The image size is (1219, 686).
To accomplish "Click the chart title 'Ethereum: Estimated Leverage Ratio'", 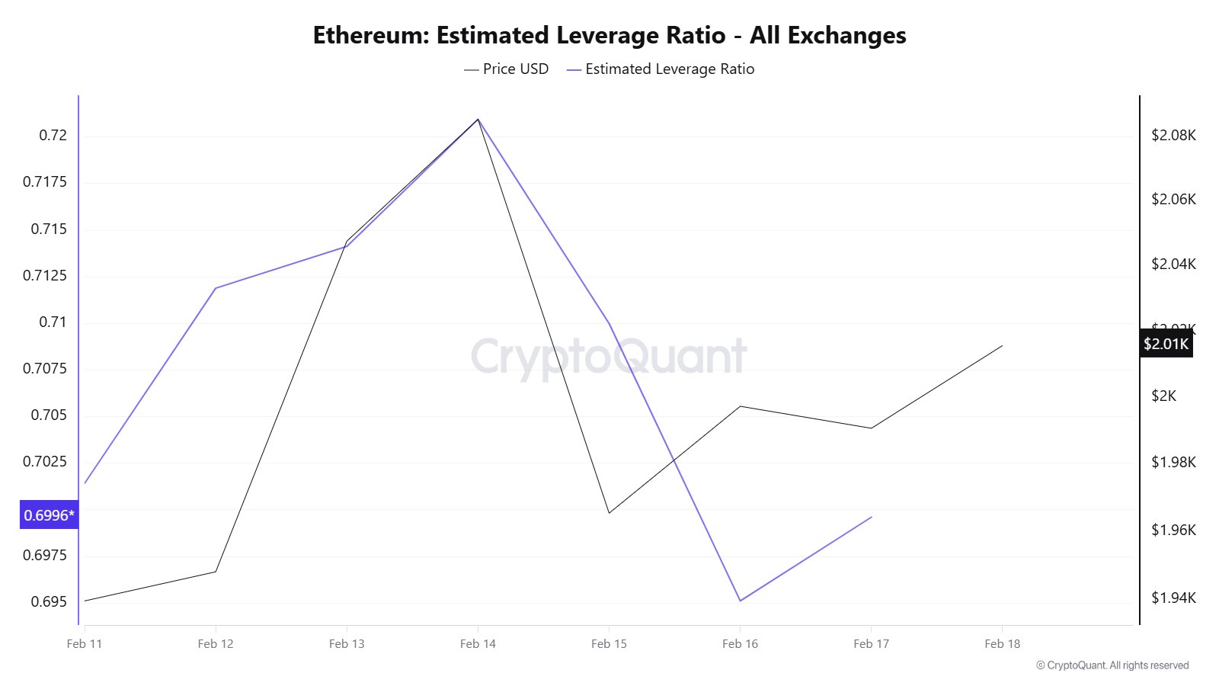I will pos(609,36).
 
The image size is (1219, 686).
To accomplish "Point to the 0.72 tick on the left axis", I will pos(53,136).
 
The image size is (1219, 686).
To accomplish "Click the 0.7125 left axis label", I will pos(45,276).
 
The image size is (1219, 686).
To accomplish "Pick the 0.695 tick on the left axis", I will pos(49,602).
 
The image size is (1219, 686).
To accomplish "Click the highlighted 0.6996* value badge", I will pos(50,515).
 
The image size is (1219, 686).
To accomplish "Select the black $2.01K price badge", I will pos(1166,344).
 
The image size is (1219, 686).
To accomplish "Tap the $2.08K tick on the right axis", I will pos(1173,136).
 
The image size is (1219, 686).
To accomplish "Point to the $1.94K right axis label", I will pos(1173,598).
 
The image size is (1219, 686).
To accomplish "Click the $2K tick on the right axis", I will pos(1163,396).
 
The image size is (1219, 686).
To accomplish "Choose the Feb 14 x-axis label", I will pos(478,644).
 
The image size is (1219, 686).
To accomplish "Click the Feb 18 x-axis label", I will pos(1002,644).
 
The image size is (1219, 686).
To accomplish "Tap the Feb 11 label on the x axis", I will pos(85,644).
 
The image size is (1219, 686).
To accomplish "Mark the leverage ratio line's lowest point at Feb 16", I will pos(740,601).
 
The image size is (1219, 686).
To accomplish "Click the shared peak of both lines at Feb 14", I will pos(478,120).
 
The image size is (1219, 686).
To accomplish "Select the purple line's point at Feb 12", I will pos(216,288).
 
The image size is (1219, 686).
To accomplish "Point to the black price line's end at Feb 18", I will pos(1002,346).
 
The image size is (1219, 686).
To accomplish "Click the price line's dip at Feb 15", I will pos(609,512).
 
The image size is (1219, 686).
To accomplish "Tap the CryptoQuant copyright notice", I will pos(1112,665).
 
